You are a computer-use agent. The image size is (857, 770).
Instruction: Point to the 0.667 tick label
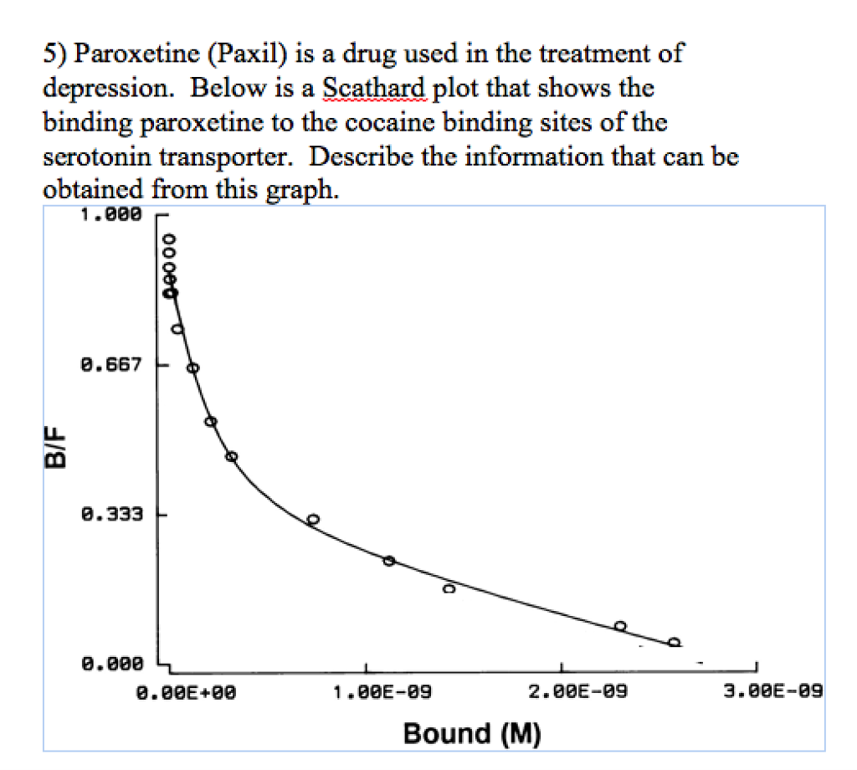[115, 365]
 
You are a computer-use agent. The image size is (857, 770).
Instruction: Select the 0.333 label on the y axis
[115, 513]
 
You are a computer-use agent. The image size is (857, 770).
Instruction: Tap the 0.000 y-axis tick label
[115, 664]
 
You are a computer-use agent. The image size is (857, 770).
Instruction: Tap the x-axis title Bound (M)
[472, 733]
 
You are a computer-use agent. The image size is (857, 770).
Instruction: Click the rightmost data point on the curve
[675, 642]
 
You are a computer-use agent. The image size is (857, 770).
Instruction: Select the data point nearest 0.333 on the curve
[313, 519]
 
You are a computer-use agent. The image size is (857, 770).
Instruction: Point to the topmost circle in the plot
[169, 239]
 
